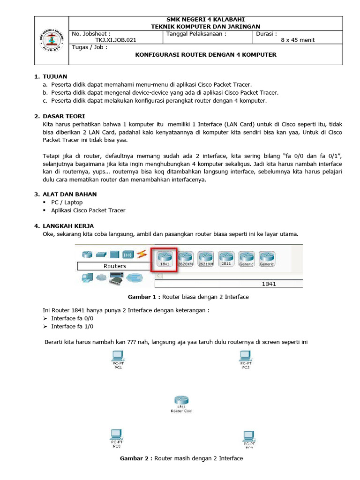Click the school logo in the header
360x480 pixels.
[51, 40]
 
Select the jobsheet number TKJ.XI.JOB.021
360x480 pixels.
[115, 40]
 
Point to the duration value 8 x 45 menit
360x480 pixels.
[298, 40]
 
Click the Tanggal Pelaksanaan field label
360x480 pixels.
[196, 34]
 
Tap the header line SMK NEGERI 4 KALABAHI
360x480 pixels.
[205, 19]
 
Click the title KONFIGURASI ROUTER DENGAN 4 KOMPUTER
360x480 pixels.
[206, 55]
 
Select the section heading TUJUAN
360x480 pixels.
[55, 76]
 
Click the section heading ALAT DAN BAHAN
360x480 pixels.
[70, 194]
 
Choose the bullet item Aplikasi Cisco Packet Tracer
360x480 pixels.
[88, 210]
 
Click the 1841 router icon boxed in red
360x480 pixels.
[165, 257]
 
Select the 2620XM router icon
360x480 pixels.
[185, 257]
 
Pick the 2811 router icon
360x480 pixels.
[226, 257]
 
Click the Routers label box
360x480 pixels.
[114, 266]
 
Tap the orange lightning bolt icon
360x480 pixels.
[141, 254]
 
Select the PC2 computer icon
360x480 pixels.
[246, 357]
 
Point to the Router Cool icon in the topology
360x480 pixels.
[181, 401]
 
